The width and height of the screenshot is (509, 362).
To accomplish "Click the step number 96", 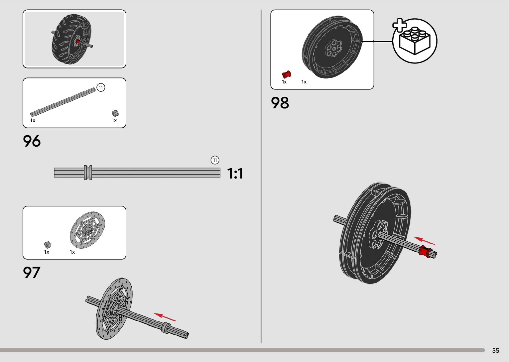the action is pyautogui.click(x=32, y=141).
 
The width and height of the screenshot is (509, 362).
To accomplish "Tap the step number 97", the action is pyautogui.click(x=32, y=273).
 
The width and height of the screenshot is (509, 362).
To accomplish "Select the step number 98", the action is pyautogui.click(x=280, y=103).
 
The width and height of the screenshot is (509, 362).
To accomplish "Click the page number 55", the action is pyautogui.click(x=495, y=351).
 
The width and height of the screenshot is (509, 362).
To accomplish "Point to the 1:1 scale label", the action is pyautogui.click(x=235, y=174).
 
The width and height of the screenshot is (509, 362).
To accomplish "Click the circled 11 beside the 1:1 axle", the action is pyautogui.click(x=215, y=160).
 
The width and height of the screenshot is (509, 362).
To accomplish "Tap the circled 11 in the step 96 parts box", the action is pyautogui.click(x=100, y=87).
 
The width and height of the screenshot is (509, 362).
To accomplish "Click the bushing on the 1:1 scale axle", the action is pyautogui.click(x=88, y=173).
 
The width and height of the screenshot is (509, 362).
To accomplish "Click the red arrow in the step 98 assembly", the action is pyautogui.click(x=424, y=241).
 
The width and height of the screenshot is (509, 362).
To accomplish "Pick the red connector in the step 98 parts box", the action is pyautogui.click(x=286, y=74).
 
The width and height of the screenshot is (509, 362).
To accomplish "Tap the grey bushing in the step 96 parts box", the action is pyautogui.click(x=115, y=113).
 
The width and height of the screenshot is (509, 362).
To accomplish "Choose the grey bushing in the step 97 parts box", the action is pyautogui.click(x=48, y=245).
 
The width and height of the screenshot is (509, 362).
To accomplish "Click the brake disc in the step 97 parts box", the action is pyautogui.click(x=87, y=230).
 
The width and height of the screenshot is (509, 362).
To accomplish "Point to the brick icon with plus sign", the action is pyautogui.click(x=414, y=41).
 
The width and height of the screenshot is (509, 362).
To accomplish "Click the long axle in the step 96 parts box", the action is pyautogui.click(x=63, y=101).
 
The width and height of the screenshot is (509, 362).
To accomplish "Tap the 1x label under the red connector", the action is pyautogui.click(x=284, y=82).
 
